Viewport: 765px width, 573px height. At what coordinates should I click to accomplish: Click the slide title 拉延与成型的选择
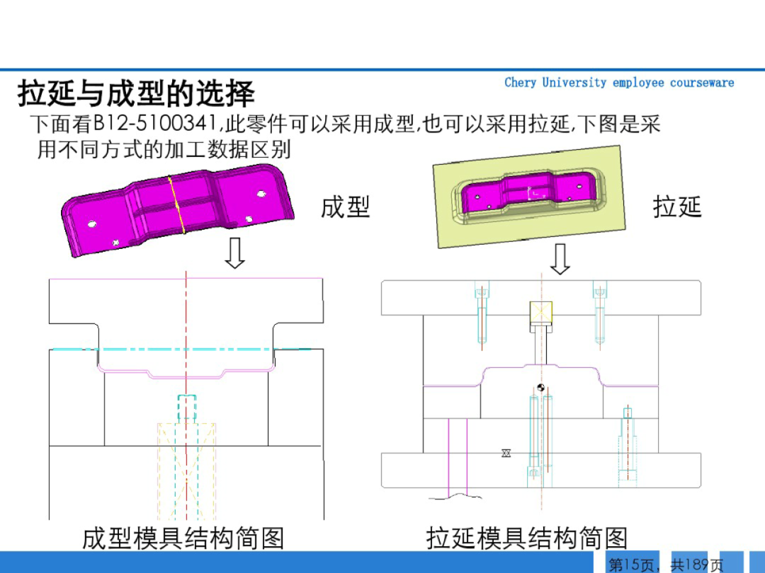136,93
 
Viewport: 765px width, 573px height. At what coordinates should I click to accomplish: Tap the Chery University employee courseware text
618,83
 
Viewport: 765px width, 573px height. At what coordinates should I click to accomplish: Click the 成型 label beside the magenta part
345,207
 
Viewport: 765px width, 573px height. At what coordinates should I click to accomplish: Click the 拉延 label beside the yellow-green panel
676,207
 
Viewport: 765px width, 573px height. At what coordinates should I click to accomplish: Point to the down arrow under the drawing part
560,259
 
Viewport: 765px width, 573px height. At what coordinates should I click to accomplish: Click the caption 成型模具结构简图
183,538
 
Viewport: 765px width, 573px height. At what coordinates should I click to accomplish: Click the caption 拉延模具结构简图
527,538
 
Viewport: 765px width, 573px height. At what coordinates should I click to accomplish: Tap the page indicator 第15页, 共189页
666,565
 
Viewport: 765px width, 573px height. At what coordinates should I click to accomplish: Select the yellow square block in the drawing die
541,311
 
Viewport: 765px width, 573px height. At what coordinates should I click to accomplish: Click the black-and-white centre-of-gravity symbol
541,387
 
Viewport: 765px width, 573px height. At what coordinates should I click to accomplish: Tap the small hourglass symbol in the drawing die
506,453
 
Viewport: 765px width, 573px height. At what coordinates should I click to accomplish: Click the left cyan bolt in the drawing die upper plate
482,311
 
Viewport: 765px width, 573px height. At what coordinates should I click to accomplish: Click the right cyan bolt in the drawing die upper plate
600,311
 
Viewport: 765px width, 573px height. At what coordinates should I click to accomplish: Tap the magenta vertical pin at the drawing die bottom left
448,456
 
